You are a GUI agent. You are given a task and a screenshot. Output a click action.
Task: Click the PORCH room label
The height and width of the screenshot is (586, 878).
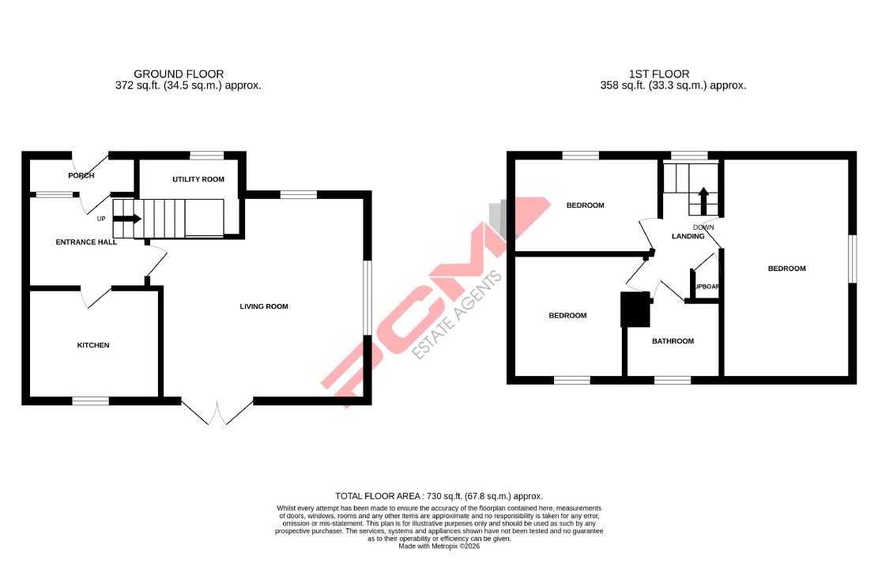tap(81, 175)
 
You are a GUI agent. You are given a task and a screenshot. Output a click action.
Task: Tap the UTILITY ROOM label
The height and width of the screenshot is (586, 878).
tap(198, 179)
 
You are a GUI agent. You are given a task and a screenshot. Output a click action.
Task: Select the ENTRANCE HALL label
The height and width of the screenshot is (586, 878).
tap(86, 242)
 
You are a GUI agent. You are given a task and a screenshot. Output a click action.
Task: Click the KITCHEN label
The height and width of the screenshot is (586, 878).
tap(92, 345)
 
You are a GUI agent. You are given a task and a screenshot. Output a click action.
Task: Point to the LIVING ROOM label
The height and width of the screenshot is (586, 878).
tap(264, 306)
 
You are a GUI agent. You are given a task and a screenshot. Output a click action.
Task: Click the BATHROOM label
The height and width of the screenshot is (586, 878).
tap(673, 341)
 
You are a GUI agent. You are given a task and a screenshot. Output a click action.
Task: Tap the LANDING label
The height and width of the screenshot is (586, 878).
tap(688, 236)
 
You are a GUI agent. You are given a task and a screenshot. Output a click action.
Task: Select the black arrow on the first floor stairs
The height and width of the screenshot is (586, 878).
tap(703, 200)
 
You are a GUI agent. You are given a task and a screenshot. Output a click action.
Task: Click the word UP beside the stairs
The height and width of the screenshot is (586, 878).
tap(101, 219)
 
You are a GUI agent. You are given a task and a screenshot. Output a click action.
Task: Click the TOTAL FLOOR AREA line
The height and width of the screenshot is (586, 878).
tap(439, 495)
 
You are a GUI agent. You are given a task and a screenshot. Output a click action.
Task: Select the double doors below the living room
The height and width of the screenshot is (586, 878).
tap(217, 411)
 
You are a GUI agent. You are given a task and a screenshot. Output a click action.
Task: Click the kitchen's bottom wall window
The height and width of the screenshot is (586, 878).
tap(91, 401)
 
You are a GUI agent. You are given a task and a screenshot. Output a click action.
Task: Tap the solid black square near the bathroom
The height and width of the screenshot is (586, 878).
tap(635, 310)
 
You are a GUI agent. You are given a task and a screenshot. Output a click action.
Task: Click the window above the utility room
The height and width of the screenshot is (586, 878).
tap(207, 156)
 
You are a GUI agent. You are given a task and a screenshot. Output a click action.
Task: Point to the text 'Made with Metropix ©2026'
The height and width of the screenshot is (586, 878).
tap(439, 546)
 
